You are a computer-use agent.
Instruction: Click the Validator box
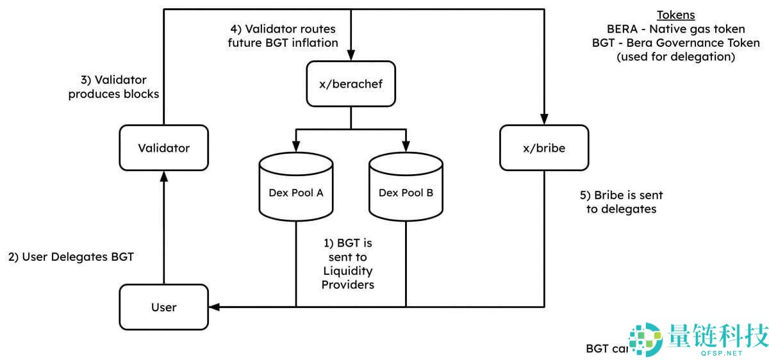pyautogui.click(x=164, y=148)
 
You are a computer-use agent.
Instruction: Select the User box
pyautogui.click(x=164, y=307)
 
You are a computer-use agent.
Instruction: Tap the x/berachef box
pyautogui.click(x=351, y=84)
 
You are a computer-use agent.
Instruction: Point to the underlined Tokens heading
pyautogui.click(x=675, y=15)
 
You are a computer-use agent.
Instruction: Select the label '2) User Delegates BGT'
pyautogui.click(x=70, y=258)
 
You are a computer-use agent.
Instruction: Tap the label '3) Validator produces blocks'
pyautogui.click(x=113, y=87)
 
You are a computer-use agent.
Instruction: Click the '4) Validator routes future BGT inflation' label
pyautogui.click(x=283, y=36)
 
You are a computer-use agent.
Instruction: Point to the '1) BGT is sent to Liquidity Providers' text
pyautogui.click(x=347, y=264)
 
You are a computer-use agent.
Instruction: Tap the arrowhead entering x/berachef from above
pyautogui.click(x=351, y=56)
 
